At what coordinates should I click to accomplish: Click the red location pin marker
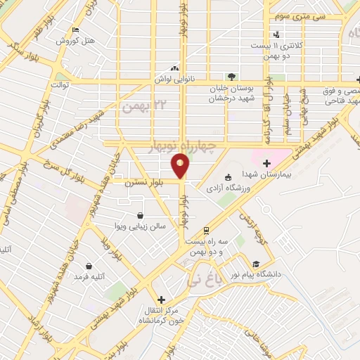tap(181, 166)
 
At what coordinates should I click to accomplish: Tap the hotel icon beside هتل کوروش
tap(75, 30)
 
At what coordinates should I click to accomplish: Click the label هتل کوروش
tap(72, 41)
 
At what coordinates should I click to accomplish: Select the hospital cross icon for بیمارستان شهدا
tap(266, 163)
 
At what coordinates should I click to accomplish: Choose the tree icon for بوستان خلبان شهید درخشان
tap(230, 77)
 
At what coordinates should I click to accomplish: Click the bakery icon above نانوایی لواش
tap(174, 69)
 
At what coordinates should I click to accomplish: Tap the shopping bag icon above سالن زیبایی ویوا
tap(141, 216)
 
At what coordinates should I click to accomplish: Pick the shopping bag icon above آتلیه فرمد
tap(89, 266)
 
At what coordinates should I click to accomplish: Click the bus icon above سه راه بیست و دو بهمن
tap(206, 231)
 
